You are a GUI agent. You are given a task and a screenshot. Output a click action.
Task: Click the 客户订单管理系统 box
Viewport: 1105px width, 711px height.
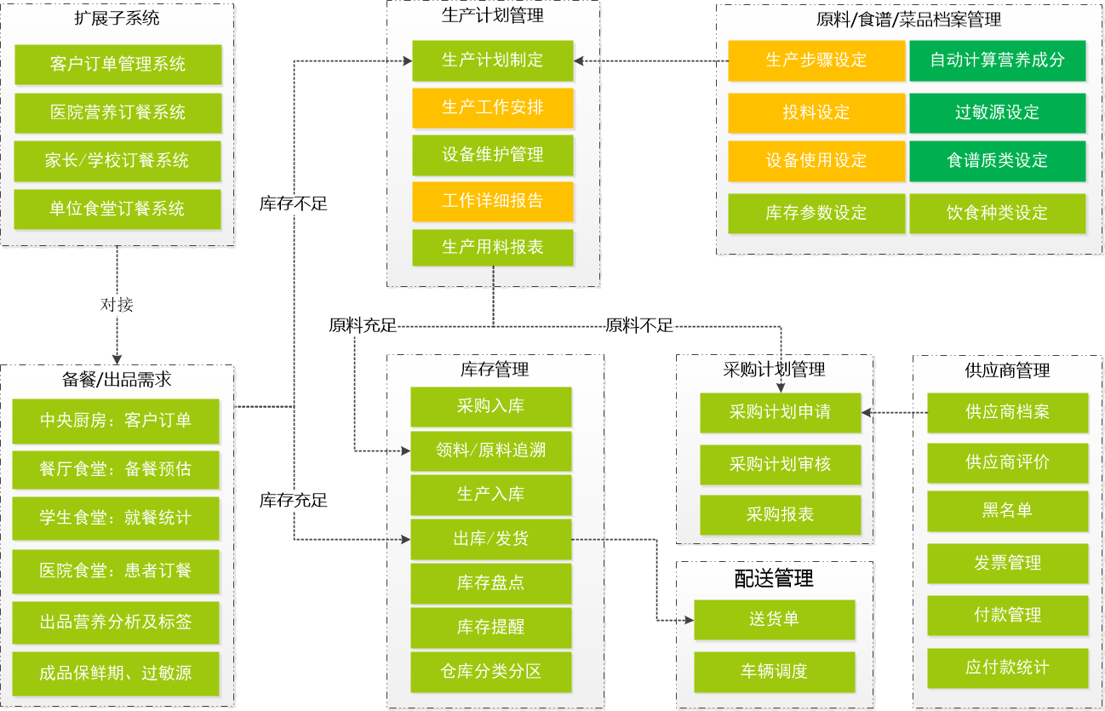coord(117,65)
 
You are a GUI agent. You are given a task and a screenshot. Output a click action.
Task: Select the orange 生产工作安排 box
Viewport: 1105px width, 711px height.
coord(492,108)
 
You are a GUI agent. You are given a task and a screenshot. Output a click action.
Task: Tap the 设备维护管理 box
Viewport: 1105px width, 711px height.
coord(492,155)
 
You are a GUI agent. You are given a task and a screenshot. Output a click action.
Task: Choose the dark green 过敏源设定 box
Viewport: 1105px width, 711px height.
coord(997,112)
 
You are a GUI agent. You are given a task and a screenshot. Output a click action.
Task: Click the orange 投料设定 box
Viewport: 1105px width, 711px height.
coord(816,112)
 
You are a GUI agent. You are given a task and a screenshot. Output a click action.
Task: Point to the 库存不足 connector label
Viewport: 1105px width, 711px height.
coord(293,204)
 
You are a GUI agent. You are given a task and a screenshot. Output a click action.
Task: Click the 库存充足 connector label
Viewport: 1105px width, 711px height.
coord(293,500)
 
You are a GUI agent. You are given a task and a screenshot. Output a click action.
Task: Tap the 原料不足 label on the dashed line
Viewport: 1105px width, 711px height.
coord(638,324)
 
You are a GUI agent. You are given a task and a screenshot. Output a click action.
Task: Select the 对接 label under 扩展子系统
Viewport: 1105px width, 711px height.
coord(117,304)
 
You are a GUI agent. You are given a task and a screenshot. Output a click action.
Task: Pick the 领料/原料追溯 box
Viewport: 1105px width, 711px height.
coord(490,451)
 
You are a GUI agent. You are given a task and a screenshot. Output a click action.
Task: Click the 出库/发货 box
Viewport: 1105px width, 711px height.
coord(490,539)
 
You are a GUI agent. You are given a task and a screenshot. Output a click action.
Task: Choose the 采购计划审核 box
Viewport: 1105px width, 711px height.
coord(780,464)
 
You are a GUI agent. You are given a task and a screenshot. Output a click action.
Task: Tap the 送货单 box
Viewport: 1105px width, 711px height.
coord(774,619)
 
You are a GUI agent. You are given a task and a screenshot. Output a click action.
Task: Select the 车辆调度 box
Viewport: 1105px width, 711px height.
coord(774,671)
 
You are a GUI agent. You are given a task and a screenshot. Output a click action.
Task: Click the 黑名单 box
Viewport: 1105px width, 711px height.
coord(1007,511)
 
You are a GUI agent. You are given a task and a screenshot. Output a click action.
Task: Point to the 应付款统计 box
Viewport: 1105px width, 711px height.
coord(1007,668)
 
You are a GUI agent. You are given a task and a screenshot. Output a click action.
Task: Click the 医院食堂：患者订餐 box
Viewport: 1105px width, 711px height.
coord(116,571)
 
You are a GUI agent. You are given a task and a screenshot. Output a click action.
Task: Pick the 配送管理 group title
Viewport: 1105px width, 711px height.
coord(774,579)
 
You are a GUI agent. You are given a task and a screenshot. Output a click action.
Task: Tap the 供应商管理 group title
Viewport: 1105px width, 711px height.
coord(1007,370)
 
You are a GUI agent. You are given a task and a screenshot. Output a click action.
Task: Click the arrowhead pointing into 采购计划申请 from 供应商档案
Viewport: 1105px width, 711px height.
coord(867,413)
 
